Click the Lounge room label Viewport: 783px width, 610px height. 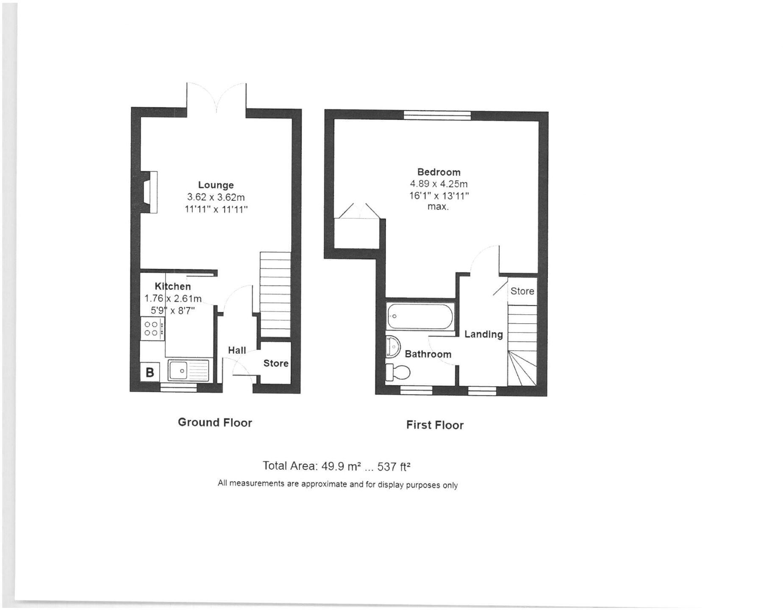click(216, 185)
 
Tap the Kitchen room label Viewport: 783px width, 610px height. click(172, 286)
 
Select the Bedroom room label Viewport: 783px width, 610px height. click(439, 172)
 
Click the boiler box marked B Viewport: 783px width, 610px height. click(150, 372)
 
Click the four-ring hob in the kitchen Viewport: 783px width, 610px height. click(152, 329)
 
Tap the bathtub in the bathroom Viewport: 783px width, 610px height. click(420, 316)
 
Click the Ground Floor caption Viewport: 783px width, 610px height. click(215, 422)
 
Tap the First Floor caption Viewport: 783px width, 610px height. click(435, 425)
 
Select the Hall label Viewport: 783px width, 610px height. click(237, 350)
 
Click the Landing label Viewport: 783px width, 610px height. click(483, 334)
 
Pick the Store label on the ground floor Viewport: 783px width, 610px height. click(276, 363)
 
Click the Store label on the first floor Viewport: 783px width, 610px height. click(522, 291)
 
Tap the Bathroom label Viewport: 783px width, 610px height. click(428, 354)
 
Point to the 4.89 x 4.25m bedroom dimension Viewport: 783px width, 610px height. click(439, 184)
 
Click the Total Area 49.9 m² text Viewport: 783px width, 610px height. click(336, 466)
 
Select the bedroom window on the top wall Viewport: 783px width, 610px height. click(437, 114)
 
